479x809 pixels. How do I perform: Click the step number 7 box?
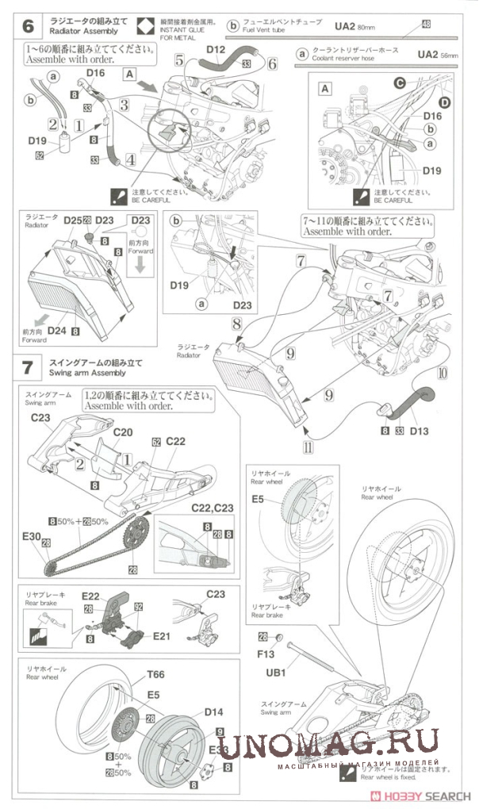(x=29, y=367)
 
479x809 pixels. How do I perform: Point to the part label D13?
(x=420, y=431)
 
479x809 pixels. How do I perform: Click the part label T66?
(x=156, y=674)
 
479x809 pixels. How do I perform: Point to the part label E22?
(x=90, y=596)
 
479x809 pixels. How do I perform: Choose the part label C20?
(x=123, y=433)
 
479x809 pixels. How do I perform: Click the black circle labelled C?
(x=400, y=82)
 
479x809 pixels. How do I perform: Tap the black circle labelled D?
(x=444, y=102)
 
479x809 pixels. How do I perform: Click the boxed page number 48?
(x=427, y=25)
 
